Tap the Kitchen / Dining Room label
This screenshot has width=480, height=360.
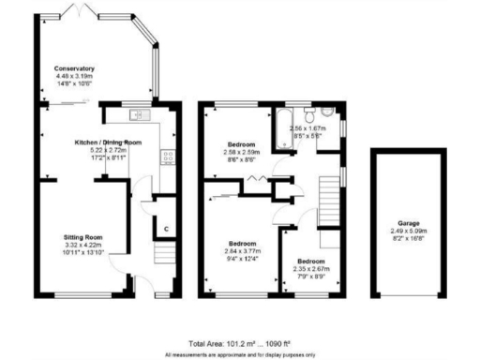click(x=108, y=142)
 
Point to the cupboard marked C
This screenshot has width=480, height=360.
click(x=165, y=229)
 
